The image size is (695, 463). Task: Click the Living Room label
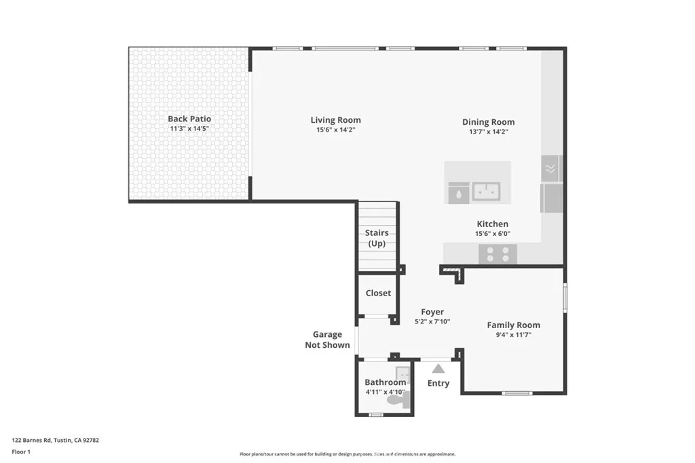point(335,120)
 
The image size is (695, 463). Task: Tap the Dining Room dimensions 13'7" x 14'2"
point(488,132)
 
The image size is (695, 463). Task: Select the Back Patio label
point(189,119)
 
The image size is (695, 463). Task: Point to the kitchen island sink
point(486,192)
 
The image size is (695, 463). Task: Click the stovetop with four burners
point(497,254)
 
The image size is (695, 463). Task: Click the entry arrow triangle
point(438,369)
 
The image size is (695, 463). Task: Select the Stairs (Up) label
point(377,238)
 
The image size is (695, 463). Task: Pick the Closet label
point(378,294)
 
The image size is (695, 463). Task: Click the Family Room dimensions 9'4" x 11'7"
point(513,335)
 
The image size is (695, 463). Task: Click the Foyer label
point(432,312)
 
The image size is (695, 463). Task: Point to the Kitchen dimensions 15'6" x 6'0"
point(492,234)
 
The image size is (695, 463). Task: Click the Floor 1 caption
point(21,451)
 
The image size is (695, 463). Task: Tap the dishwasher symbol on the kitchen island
point(458,193)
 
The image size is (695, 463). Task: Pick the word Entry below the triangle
point(438,383)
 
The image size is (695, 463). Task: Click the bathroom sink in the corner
point(403,374)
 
